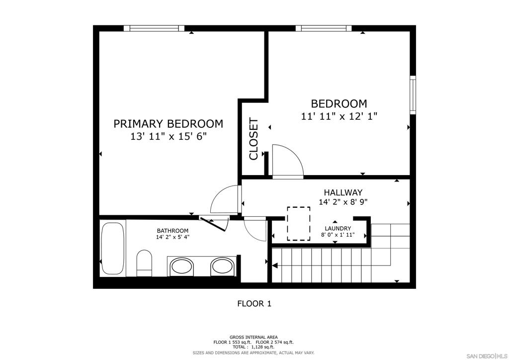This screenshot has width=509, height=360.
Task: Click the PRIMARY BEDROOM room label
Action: pyautogui.click(x=168, y=124)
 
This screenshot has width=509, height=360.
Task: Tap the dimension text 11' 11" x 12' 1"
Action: pyautogui.click(x=339, y=116)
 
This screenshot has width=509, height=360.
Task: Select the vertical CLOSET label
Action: pyautogui.click(x=254, y=139)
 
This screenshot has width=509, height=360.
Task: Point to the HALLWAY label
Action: pyautogui.click(x=343, y=192)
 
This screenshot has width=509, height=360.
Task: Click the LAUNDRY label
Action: pyautogui.click(x=338, y=229)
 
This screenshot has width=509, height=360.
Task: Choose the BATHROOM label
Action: pyautogui.click(x=172, y=231)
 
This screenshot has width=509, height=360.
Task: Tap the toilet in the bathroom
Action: pyautogui.click(x=145, y=263)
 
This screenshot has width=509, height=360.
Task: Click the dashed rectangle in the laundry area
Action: pyautogui.click(x=299, y=224)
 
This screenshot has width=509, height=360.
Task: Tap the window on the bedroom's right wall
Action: pyautogui.click(x=413, y=95)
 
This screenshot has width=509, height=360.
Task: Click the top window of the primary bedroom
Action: pyautogui.click(x=154, y=28)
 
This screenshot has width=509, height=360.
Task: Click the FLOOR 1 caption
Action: pyautogui.click(x=254, y=304)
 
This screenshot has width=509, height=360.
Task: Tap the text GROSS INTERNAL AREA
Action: pyautogui.click(x=254, y=337)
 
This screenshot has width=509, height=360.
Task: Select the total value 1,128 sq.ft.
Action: pyautogui.click(x=262, y=347)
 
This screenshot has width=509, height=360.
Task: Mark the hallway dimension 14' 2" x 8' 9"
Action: pyautogui.click(x=343, y=202)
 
